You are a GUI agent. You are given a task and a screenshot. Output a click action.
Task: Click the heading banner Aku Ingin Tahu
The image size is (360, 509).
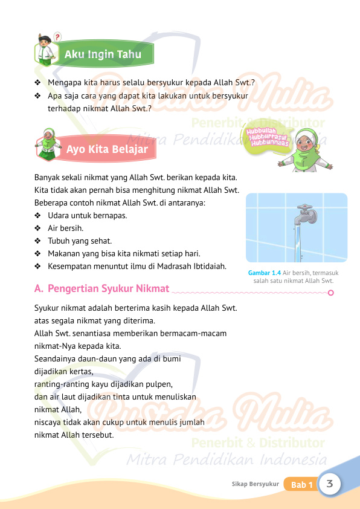103,55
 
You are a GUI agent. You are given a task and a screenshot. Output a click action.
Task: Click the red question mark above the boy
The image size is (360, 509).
57,37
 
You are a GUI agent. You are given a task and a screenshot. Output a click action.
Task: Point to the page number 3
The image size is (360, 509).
330,484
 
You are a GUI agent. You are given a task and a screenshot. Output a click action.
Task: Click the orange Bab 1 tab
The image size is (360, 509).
301,485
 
